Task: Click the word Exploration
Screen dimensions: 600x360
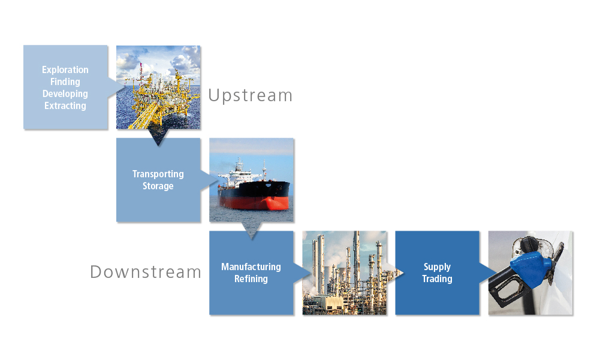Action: (65, 70)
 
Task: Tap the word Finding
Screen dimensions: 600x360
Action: (65, 82)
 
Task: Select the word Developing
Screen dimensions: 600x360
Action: (65, 93)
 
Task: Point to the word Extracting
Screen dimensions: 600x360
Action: (65, 105)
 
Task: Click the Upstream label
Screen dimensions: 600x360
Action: (251, 96)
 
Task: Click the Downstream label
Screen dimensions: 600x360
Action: (146, 272)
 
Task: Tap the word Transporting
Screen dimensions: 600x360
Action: (158, 174)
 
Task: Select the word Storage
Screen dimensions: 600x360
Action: (158, 186)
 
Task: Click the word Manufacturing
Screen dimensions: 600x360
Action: (251, 267)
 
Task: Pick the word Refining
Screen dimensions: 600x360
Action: (251, 279)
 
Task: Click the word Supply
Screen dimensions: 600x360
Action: (437, 267)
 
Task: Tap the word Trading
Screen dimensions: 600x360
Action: (437, 279)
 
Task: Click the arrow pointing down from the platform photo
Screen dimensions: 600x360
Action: (158, 137)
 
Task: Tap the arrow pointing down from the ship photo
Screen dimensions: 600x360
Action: (251, 231)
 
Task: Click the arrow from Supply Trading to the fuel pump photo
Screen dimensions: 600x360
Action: (489, 273)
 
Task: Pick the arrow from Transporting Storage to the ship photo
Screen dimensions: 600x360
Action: (209, 180)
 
